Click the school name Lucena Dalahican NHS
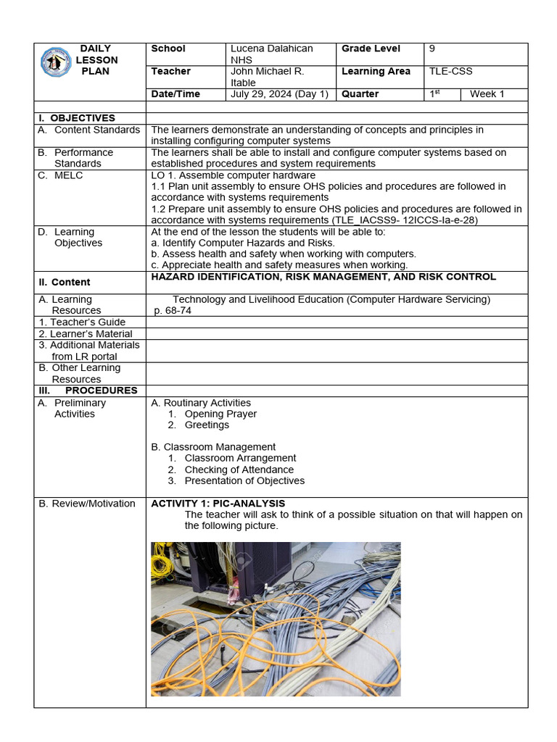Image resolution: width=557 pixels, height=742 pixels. [x=271, y=54]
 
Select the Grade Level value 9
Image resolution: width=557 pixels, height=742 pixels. [x=432, y=49]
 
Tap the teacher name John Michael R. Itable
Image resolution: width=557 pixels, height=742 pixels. [x=267, y=77]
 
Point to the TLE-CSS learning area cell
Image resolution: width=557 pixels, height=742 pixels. [x=450, y=71]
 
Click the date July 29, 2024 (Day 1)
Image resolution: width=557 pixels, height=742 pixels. [x=279, y=94]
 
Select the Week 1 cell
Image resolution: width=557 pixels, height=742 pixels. [x=487, y=94]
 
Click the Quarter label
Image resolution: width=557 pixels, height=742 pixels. [x=360, y=94]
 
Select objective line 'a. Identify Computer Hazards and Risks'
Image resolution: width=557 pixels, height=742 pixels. [x=243, y=243]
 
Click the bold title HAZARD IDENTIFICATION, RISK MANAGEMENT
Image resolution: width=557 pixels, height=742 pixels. [x=323, y=277]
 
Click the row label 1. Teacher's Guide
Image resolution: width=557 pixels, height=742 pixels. [x=82, y=322]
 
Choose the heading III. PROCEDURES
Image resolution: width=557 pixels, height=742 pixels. [x=87, y=391]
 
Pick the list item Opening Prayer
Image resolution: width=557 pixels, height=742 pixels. [x=220, y=414]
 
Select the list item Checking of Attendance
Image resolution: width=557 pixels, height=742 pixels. [x=239, y=470]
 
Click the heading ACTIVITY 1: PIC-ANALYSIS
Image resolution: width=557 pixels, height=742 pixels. [x=218, y=504]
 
